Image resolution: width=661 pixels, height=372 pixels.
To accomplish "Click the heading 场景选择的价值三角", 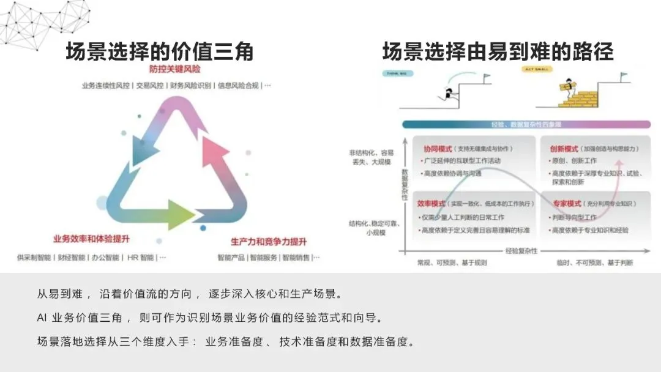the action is tap(160, 52).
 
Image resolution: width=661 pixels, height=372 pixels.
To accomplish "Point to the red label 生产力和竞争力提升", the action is tap(268, 240).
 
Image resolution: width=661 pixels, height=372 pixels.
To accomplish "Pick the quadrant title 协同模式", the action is tap(438, 149).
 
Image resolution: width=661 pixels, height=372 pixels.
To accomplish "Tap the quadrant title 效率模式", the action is tap(431, 203).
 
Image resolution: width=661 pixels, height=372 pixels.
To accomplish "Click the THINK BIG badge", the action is tap(398, 73).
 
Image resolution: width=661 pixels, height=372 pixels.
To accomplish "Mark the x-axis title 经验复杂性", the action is tap(521, 251).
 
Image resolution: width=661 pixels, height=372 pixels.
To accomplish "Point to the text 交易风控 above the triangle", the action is tap(150, 86).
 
